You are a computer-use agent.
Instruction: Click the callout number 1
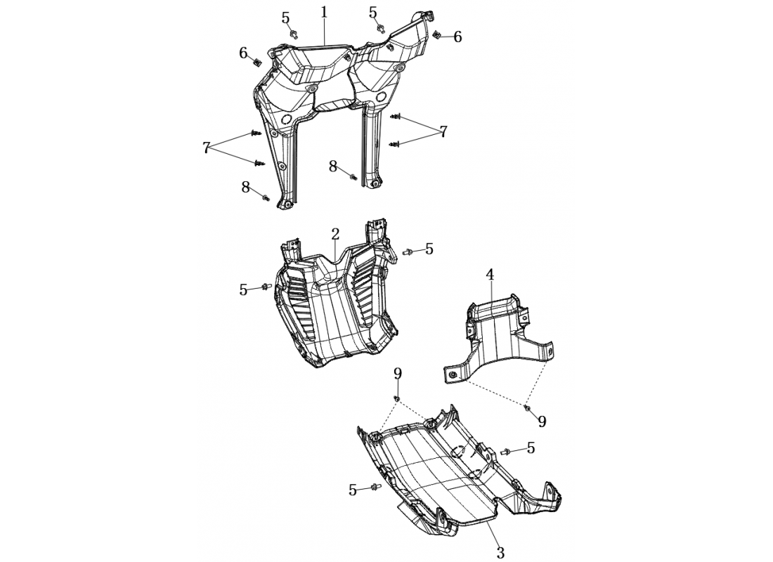coord(324,13)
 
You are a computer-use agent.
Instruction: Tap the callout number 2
coord(335,234)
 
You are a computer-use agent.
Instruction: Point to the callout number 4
coord(490,275)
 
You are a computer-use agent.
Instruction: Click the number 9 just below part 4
coord(542,421)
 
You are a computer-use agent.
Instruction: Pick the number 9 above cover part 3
coord(397,374)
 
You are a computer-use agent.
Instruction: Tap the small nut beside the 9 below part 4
coord(527,408)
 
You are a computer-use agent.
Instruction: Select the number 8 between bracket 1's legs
coord(333,166)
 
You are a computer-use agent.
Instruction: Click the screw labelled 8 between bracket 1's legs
coord(353,176)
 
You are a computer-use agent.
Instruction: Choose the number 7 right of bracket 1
coord(443,131)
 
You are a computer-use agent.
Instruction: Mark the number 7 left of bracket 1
coord(206,148)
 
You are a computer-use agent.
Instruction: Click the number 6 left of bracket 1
coord(244,53)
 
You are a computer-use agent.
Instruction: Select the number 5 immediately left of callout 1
coord(286,18)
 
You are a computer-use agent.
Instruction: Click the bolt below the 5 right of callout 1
coord(381,27)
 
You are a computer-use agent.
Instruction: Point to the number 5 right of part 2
coord(429,249)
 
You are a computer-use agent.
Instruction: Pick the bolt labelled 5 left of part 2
coord(266,287)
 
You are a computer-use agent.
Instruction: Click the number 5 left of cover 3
coord(353,490)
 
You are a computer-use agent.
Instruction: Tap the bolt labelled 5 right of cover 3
coord(505,451)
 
